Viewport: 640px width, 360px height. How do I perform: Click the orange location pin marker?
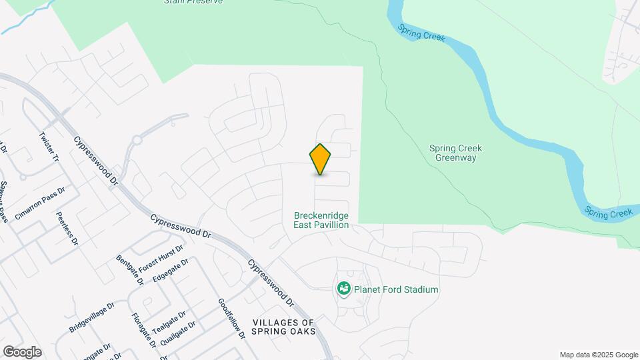point(320,159)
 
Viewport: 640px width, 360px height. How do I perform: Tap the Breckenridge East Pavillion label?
point(321,221)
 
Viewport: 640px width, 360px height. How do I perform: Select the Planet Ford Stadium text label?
point(396,290)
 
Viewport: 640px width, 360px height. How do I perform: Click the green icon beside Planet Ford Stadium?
point(344,289)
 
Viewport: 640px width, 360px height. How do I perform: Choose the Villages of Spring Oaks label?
point(283,327)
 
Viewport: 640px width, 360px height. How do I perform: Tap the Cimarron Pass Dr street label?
point(39,204)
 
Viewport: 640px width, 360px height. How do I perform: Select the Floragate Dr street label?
point(143,331)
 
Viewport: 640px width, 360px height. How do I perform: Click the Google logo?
point(21,352)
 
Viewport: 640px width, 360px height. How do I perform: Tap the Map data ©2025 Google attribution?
point(599,355)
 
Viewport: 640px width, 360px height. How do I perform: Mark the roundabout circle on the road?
point(137,141)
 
